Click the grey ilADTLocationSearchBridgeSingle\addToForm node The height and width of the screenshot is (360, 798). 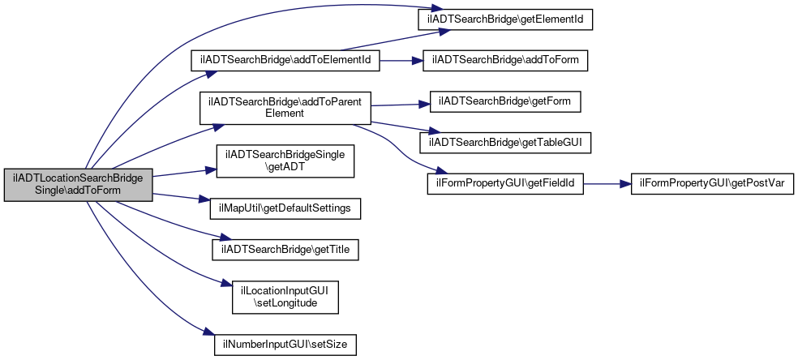pyautogui.click(x=79, y=185)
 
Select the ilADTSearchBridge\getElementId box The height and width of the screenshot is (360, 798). pyautogui.click(x=505, y=19)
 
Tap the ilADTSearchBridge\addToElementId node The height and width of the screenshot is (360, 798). pyautogui.click(x=285, y=60)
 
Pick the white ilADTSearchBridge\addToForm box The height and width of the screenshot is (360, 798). pyautogui.click(x=505, y=60)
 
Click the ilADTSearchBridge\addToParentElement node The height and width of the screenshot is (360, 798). pyautogui.click(x=285, y=108)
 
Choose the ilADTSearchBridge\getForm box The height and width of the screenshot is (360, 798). pyautogui.click(x=505, y=101)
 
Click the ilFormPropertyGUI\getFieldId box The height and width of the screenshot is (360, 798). pyautogui.click(x=505, y=183)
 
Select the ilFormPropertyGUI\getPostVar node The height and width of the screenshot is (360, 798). pyautogui.click(x=712, y=183)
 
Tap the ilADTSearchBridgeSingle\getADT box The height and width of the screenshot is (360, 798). pyautogui.click(x=285, y=161)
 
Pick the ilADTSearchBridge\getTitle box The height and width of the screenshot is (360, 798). pyautogui.click(x=285, y=250)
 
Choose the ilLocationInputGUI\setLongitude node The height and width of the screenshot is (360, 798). pyautogui.click(x=285, y=297)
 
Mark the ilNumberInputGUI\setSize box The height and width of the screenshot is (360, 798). pyautogui.click(x=285, y=345)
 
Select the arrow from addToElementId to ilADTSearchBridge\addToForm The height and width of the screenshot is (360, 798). pyautogui.click(x=401, y=60)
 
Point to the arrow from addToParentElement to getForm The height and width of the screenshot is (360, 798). pyautogui.click(x=401, y=105)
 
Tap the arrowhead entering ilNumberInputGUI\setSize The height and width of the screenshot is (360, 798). pyautogui.click(x=208, y=332)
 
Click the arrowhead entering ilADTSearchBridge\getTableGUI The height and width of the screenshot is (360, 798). pyautogui.click(x=426, y=132)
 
